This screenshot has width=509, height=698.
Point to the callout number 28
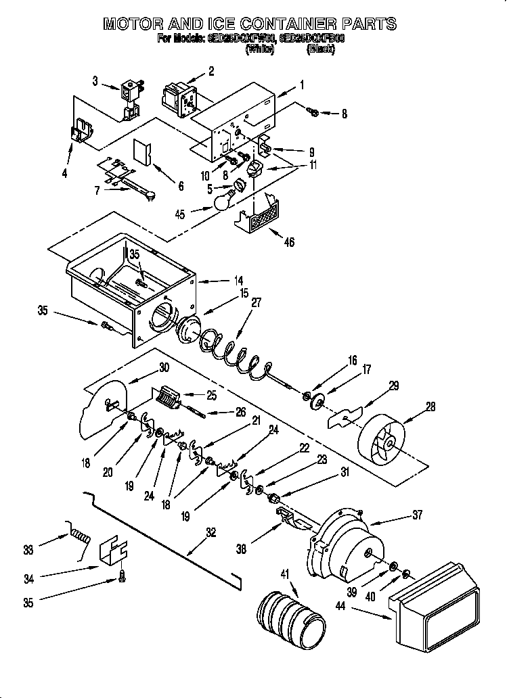coord(430,406)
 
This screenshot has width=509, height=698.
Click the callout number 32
coord(211,532)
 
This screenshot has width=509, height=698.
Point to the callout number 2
coord(211,70)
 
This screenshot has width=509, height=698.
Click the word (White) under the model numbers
coord(260,49)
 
